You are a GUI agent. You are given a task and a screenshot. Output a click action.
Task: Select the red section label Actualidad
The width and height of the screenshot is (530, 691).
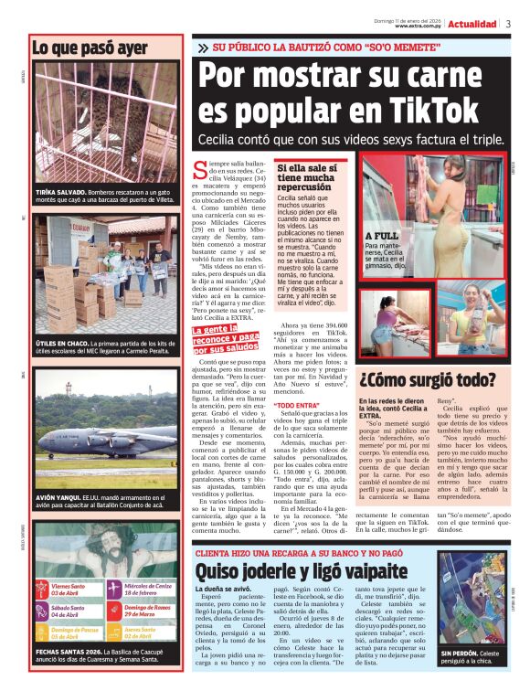[x=472, y=24]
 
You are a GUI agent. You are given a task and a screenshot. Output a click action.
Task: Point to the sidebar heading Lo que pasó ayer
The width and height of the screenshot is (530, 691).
[x=90, y=47]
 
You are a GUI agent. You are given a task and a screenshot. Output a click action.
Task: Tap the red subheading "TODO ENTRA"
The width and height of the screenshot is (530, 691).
[x=297, y=404]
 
